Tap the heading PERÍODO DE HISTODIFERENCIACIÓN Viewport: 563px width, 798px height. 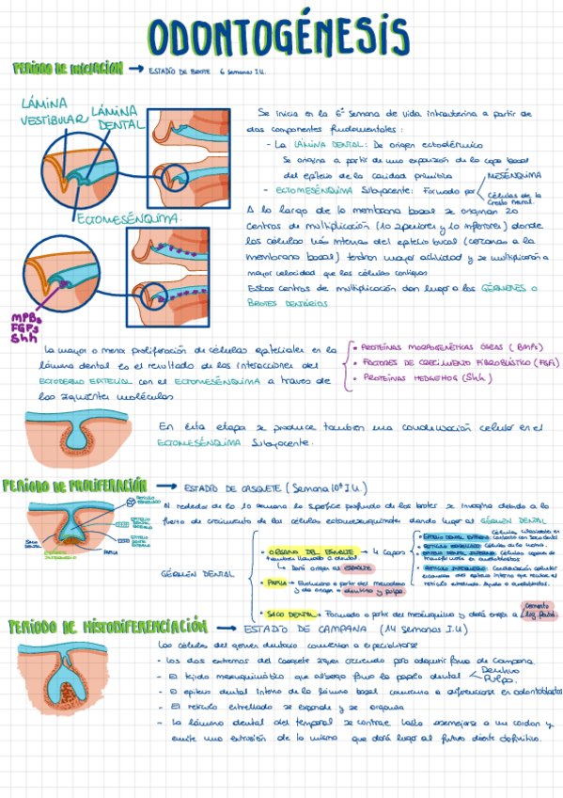click(106, 626)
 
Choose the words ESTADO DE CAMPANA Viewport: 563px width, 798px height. click(297, 628)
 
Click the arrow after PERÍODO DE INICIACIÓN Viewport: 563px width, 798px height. click(133, 70)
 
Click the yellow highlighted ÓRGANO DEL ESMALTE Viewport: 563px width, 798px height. click(311, 551)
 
